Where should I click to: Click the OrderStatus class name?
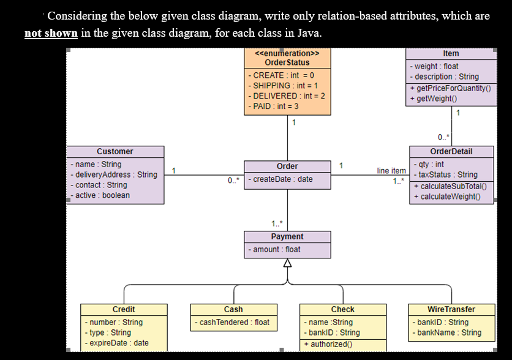(287, 62)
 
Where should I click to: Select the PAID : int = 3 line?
(273, 107)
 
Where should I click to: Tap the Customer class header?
(115, 151)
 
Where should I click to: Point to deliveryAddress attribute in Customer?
(114, 174)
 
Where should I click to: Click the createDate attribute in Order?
(280, 179)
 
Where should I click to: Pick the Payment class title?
(287, 236)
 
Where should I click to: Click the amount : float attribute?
(274, 249)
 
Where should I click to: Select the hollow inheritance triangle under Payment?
(287, 263)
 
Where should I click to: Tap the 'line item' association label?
(391, 171)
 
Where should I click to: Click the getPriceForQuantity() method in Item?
(451, 88)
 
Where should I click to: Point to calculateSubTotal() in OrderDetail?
(450, 186)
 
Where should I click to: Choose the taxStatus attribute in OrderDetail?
(446, 174)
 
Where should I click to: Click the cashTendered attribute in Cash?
(232, 323)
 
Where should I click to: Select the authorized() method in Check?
(328, 344)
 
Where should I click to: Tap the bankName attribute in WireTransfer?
(447, 332)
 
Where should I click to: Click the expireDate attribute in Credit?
(116, 343)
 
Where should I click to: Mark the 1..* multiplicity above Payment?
(277, 223)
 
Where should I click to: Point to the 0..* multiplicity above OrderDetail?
(443, 137)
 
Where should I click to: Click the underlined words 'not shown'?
(51, 33)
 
